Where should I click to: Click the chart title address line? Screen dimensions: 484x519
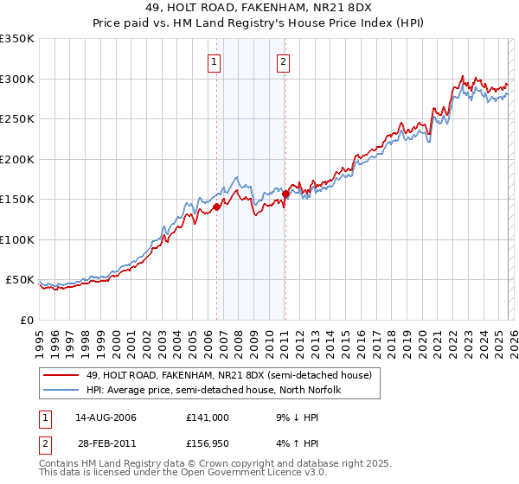pyautogui.click(x=259, y=9)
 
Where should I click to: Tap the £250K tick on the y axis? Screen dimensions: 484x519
pyautogui.click(x=17, y=118)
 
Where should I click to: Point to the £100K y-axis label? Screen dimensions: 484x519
pyautogui.click(x=17, y=239)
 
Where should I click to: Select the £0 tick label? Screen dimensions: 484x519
pyautogui.click(x=26, y=320)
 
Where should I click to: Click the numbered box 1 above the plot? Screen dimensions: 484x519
pyautogui.click(x=214, y=61)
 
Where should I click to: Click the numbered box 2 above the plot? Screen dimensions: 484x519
pyautogui.click(x=283, y=61)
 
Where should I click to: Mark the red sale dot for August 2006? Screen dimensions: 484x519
pyautogui.click(x=217, y=207)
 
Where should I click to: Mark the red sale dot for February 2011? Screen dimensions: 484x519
pyautogui.click(x=285, y=194)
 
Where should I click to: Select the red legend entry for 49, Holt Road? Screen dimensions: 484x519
pyautogui.click(x=229, y=375)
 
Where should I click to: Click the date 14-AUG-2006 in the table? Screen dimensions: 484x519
pyautogui.click(x=100, y=417)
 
